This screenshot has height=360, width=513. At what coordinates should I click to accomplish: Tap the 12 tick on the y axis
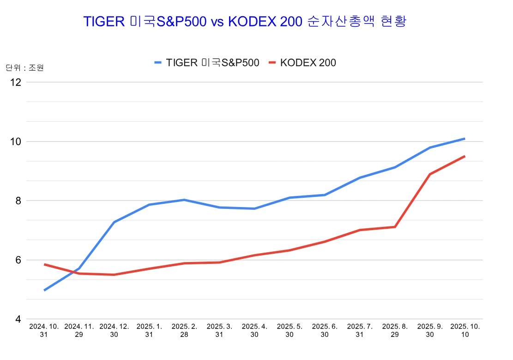(x=16, y=82)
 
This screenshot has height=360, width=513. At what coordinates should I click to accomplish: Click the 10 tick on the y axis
(x=16, y=141)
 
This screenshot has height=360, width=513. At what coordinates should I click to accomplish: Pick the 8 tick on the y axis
(x=18, y=201)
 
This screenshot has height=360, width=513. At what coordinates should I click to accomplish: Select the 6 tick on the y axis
(x=18, y=260)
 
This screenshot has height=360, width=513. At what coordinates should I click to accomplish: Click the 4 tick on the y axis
(x=18, y=319)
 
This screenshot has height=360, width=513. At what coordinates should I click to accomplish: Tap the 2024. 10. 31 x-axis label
(x=44, y=330)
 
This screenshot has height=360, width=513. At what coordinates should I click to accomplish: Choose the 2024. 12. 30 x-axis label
(x=114, y=330)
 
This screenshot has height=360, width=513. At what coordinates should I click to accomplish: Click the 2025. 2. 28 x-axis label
(x=184, y=330)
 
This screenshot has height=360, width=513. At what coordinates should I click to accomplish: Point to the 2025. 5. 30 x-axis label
(x=290, y=330)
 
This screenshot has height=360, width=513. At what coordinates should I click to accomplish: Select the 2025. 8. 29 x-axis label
(x=395, y=330)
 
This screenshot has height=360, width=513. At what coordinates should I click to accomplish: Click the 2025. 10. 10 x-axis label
(x=465, y=330)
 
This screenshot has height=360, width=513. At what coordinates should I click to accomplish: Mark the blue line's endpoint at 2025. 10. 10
(x=465, y=139)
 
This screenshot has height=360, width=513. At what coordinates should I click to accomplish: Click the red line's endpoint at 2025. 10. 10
(x=465, y=156)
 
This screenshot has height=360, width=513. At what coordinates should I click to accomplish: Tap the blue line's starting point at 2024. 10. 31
(x=44, y=290)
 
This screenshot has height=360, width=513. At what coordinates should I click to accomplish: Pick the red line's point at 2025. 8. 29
(x=395, y=227)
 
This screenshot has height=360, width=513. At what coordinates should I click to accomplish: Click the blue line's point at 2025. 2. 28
(x=184, y=200)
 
